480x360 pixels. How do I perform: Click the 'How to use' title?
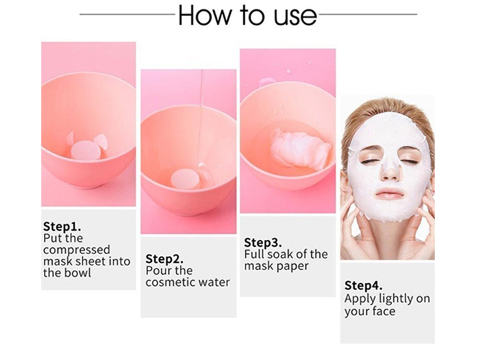click(x=247, y=15)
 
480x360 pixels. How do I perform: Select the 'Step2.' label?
click(x=164, y=258)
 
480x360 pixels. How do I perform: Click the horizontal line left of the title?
click(x=127, y=13)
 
